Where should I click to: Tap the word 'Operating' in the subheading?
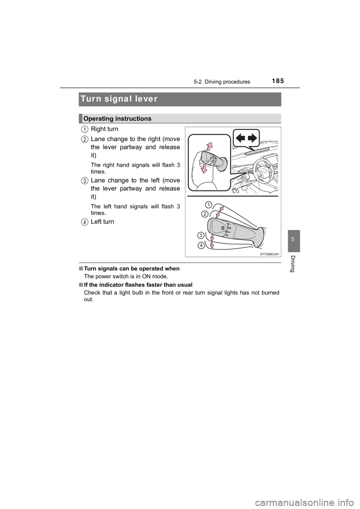[98, 118]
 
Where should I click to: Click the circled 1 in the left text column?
[85, 129]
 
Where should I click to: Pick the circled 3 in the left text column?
[85, 181]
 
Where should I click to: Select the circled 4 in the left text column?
[85, 222]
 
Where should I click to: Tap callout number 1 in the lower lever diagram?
[208, 205]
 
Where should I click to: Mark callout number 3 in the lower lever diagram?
[201, 235]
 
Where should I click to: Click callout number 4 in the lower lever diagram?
[202, 245]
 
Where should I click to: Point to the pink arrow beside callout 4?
[211, 245]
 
